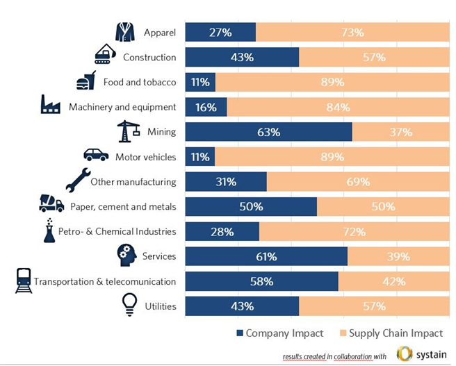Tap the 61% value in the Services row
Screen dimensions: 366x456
(266, 257)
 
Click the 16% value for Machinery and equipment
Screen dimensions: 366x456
(206, 107)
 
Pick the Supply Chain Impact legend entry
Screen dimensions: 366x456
(392, 333)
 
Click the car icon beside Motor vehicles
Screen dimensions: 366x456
(96, 155)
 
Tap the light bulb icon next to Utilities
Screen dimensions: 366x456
(129, 304)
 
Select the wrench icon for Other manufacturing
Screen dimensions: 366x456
(78, 180)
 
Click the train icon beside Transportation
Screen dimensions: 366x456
(24, 281)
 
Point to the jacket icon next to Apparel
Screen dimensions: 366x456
(125, 31)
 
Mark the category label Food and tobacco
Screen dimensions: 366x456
(140, 82)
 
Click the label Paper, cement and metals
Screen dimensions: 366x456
(123, 206)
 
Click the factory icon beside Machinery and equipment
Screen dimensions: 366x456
(50, 105)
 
